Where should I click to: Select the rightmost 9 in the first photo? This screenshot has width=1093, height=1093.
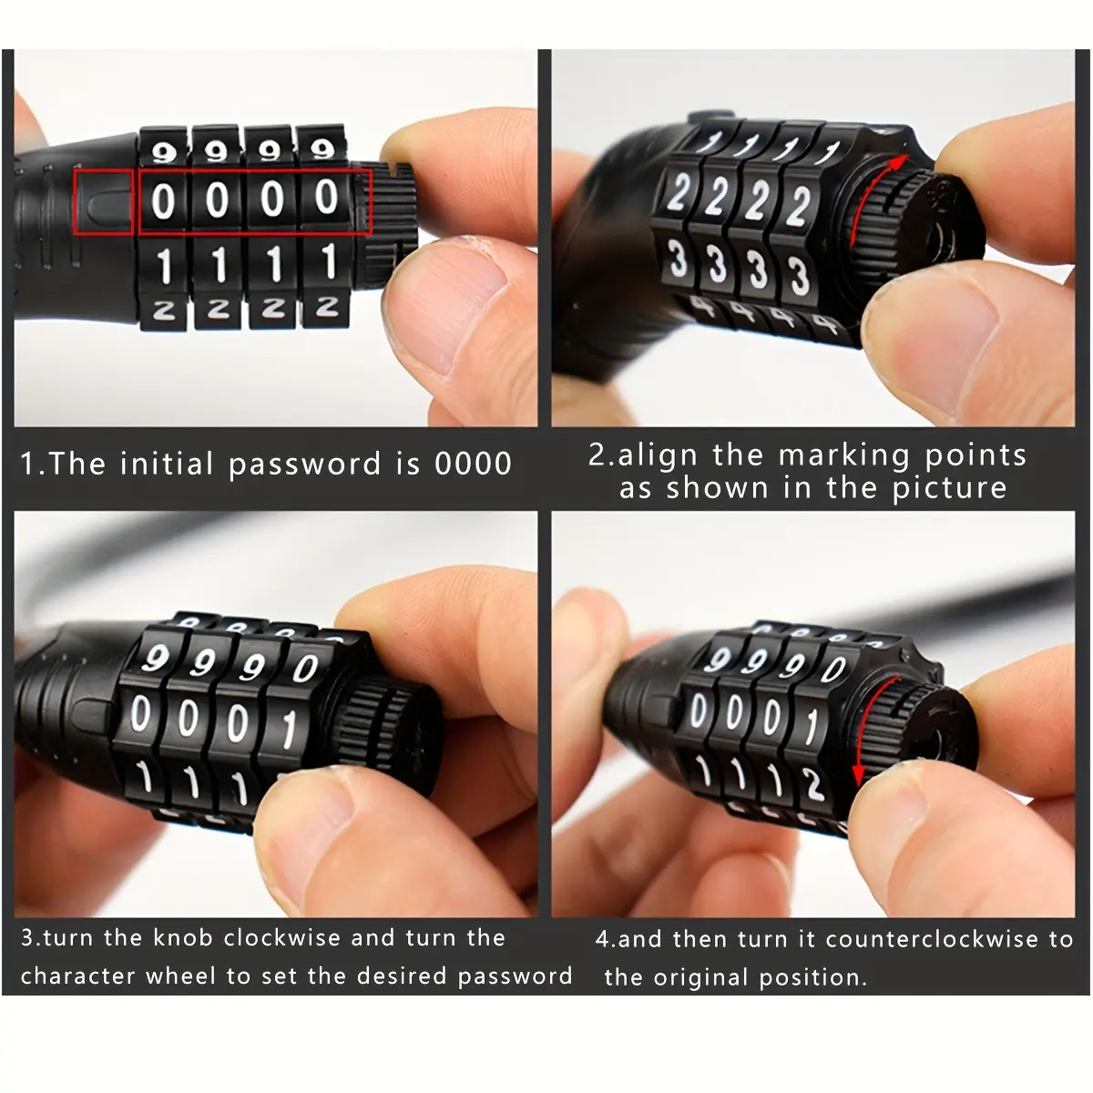click(x=323, y=149)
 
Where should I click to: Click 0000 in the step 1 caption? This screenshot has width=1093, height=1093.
click(x=473, y=464)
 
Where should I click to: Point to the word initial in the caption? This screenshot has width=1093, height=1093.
click(x=166, y=463)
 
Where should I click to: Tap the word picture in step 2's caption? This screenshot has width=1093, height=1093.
click(x=949, y=488)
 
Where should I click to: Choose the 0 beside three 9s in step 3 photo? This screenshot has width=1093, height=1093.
click(x=304, y=669)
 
